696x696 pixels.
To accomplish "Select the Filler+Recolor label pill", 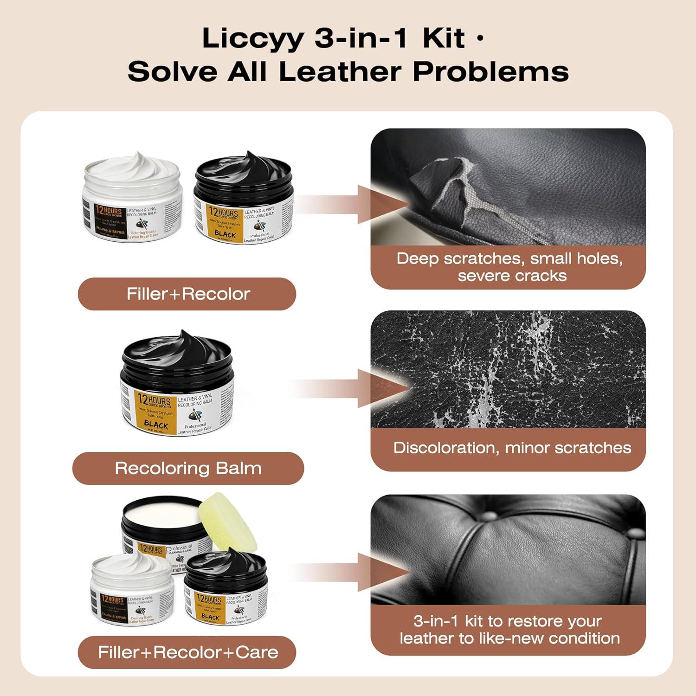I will [x=187, y=294].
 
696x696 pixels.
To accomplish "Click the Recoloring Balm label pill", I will [x=188, y=468].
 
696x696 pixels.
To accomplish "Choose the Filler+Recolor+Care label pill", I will [x=187, y=652].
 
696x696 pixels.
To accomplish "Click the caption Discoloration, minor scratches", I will [x=512, y=448].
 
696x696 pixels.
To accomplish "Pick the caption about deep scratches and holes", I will [x=509, y=267].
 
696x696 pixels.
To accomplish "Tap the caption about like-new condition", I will [x=509, y=630].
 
